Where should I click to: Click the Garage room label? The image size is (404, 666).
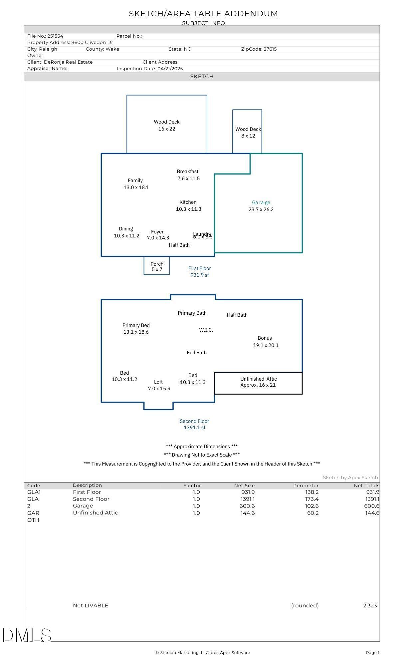tap(261, 202)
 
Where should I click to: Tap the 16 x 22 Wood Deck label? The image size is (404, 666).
tap(167, 125)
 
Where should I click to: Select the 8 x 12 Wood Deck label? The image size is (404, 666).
tap(248, 132)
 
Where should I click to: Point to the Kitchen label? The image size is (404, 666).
tap(188, 202)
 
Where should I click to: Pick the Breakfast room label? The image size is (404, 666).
tap(188, 171)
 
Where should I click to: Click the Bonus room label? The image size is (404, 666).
tap(265, 338)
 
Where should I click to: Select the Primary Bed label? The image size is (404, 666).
tap(136, 325)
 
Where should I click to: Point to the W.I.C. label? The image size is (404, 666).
tap(206, 330)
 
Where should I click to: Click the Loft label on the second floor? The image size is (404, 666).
tap(158, 382)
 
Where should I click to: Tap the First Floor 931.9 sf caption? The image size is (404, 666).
tap(200, 271)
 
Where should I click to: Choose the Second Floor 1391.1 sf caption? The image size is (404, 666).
tap(195, 424)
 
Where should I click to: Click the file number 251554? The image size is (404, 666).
tap(55, 36)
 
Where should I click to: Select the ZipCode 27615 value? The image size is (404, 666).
tap(270, 49)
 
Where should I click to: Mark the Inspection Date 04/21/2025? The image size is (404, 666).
tap(170, 69)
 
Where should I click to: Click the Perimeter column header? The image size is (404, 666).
tap(306, 486)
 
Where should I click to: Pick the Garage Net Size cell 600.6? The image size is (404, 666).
tap(248, 506)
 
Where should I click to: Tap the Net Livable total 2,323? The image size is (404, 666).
tap(370, 605)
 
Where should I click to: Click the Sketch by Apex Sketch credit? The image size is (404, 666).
tap(350, 478)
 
